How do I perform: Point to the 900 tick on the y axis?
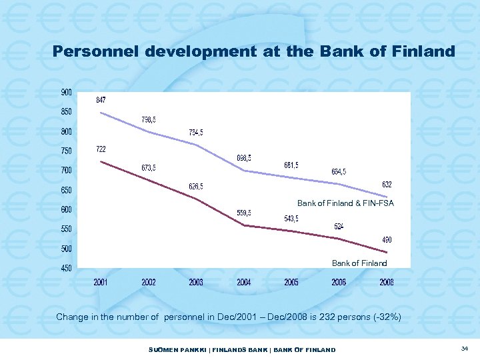pyautogui.click(x=67, y=92)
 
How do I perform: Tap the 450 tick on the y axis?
pyautogui.click(x=67, y=269)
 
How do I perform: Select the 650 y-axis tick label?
pyautogui.click(x=67, y=191)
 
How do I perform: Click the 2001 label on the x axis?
pyautogui.click(x=101, y=283)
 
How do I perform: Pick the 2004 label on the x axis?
pyautogui.click(x=244, y=283)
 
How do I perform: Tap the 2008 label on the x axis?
pyautogui.click(x=387, y=283)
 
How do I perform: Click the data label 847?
pyautogui.click(x=101, y=100)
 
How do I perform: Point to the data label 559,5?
pyautogui.click(x=245, y=213)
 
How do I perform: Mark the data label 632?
pyautogui.click(x=387, y=184)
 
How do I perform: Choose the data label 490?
pyautogui.click(x=387, y=239)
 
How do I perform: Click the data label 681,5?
pyautogui.click(x=291, y=165)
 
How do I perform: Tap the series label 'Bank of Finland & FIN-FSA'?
pyautogui.click(x=345, y=203)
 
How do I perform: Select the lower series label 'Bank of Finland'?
pyautogui.click(x=359, y=263)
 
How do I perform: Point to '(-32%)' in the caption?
pyautogui.click(x=386, y=317)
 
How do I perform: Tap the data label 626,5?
pyautogui.click(x=197, y=186)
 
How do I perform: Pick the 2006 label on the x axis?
pyautogui.click(x=339, y=283)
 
